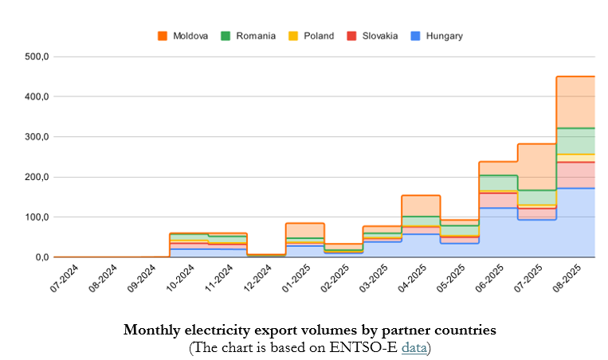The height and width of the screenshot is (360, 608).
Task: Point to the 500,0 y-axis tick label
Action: (37, 57)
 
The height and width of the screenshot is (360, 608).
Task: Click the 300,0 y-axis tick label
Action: (37, 137)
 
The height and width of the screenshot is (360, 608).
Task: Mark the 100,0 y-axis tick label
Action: (37, 217)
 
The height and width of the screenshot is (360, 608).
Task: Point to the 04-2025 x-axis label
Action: (415, 278)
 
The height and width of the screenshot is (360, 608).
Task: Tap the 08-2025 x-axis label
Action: (571, 278)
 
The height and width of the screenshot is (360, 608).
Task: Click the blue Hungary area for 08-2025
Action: (575, 223)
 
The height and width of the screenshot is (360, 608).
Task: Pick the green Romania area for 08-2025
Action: (575, 141)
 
